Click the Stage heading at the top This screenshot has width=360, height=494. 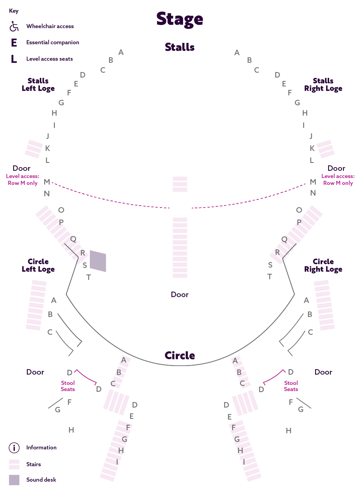[x=180, y=19]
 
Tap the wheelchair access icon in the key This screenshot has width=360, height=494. [x=14, y=26]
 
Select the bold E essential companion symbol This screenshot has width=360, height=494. [x=14, y=43]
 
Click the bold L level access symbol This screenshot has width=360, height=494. [x=14, y=59]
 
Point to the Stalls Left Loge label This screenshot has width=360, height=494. [x=38, y=85]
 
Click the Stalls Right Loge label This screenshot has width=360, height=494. [x=323, y=85]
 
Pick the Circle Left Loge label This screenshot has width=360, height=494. [x=38, y=266]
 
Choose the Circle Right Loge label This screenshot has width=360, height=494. [x=323, y=266]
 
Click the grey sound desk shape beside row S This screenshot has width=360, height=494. [x=98, y=261]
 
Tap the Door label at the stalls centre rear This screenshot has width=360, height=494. [x=180, y=295]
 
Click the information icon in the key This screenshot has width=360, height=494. [x=14, y=448]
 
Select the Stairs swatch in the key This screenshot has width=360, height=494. [x=14, y=464]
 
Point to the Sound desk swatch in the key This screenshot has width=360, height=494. [x=14, y=480]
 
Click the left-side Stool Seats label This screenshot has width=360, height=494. [x=68, y=386]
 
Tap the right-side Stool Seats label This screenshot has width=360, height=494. [x=291, y=386]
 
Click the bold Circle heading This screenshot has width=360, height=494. [x=180, y=355]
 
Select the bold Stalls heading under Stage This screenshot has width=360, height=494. [x=180, y=47]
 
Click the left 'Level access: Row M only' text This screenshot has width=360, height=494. [x=23, y=180]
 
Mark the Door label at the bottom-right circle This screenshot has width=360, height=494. [x=323, y=372]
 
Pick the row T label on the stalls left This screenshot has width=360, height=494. [x=89, y=277]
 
